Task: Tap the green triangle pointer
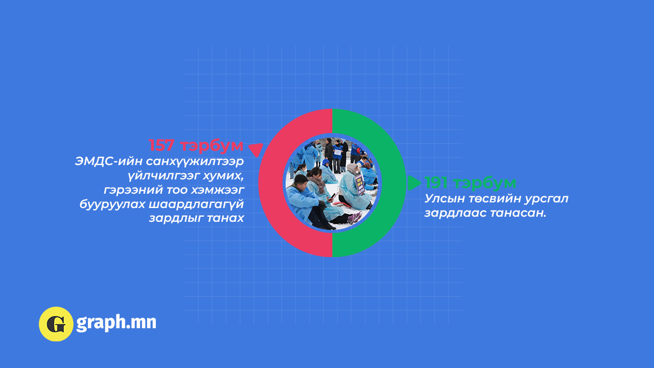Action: tap(414, 183)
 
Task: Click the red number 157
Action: tap(162, 145)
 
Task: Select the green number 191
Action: tap(436, 182)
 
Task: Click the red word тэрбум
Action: tap(212, 146)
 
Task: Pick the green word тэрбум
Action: tap(485, 183)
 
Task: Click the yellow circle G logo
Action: tap(56, 324)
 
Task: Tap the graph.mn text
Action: tap(116, 323)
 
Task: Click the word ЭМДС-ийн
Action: tap(108, 162)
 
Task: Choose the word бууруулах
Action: tap(112, 204)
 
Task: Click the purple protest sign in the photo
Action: tap(359, 184)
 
